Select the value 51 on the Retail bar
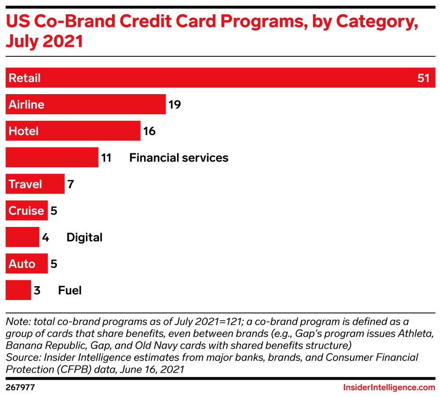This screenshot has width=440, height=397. [x=423, y=78]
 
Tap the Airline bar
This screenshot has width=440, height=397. [x=86, y=104]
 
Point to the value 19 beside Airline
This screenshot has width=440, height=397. [x=174, y=104]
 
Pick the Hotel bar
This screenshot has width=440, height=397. [x=73, y=131]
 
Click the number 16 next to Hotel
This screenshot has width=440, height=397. [x=149, y=131]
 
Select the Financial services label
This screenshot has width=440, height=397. [x=178, y=158]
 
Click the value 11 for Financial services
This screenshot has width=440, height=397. [x=106, y=158]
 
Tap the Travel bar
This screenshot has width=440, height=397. [x=35, y=184]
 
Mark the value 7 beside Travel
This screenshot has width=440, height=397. [x=71, y=184]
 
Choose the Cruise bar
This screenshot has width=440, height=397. [x=27, y=211]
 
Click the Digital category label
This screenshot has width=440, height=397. [x=84, y=237]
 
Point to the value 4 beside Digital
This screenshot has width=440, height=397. [x=46, y=237]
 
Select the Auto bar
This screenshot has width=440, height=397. [x=27, y=264]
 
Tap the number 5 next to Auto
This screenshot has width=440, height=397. [x=54, y=264]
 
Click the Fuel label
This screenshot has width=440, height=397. [x=70, y=290]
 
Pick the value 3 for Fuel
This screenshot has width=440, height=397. [x=37, y=290]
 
